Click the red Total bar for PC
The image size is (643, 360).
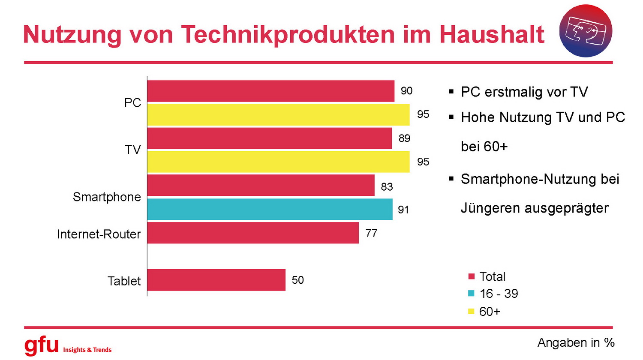270,91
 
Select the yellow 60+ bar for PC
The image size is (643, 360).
278,114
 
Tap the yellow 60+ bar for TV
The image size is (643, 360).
278,162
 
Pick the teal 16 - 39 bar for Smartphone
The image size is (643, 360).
270,209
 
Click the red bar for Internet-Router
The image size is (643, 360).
253,233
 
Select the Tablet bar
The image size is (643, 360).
216,280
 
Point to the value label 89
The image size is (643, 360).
404,138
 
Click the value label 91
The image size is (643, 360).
403,210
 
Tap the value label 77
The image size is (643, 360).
371,233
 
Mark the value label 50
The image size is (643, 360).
297,280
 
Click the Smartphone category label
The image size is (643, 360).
107,197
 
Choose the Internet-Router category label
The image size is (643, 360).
99,234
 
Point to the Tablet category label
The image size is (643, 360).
124,281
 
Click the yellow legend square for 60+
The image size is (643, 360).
472,312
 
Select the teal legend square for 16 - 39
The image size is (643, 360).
472,294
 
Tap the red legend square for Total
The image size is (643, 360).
472,276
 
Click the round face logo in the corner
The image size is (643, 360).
586,31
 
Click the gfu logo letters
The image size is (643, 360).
41,345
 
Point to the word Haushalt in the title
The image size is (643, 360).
492,34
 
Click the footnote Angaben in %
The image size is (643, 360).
576,343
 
